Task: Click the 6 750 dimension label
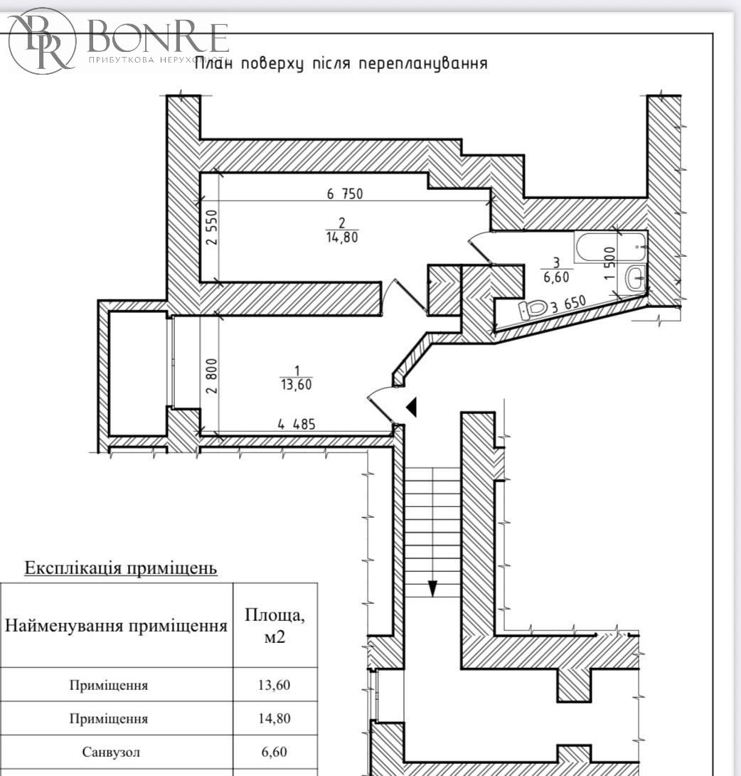tap(345, 193)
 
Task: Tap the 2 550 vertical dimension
tap(211, 228)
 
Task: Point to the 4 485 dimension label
tap(297, 425)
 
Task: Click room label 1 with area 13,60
tap(296, 378)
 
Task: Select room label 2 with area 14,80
tap(342, 230)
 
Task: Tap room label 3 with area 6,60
tap(556, 271)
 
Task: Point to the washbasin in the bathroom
tap(635, 277)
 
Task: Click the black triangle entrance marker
tap(411, 407)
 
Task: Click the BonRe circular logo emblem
tap(42, 40)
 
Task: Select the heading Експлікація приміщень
tap(121, 569)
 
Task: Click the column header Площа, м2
tap(274, 625)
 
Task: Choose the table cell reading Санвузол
tap(109, 753)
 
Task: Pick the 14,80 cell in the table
tap(274, 718)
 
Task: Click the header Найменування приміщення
tap(117, 627)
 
